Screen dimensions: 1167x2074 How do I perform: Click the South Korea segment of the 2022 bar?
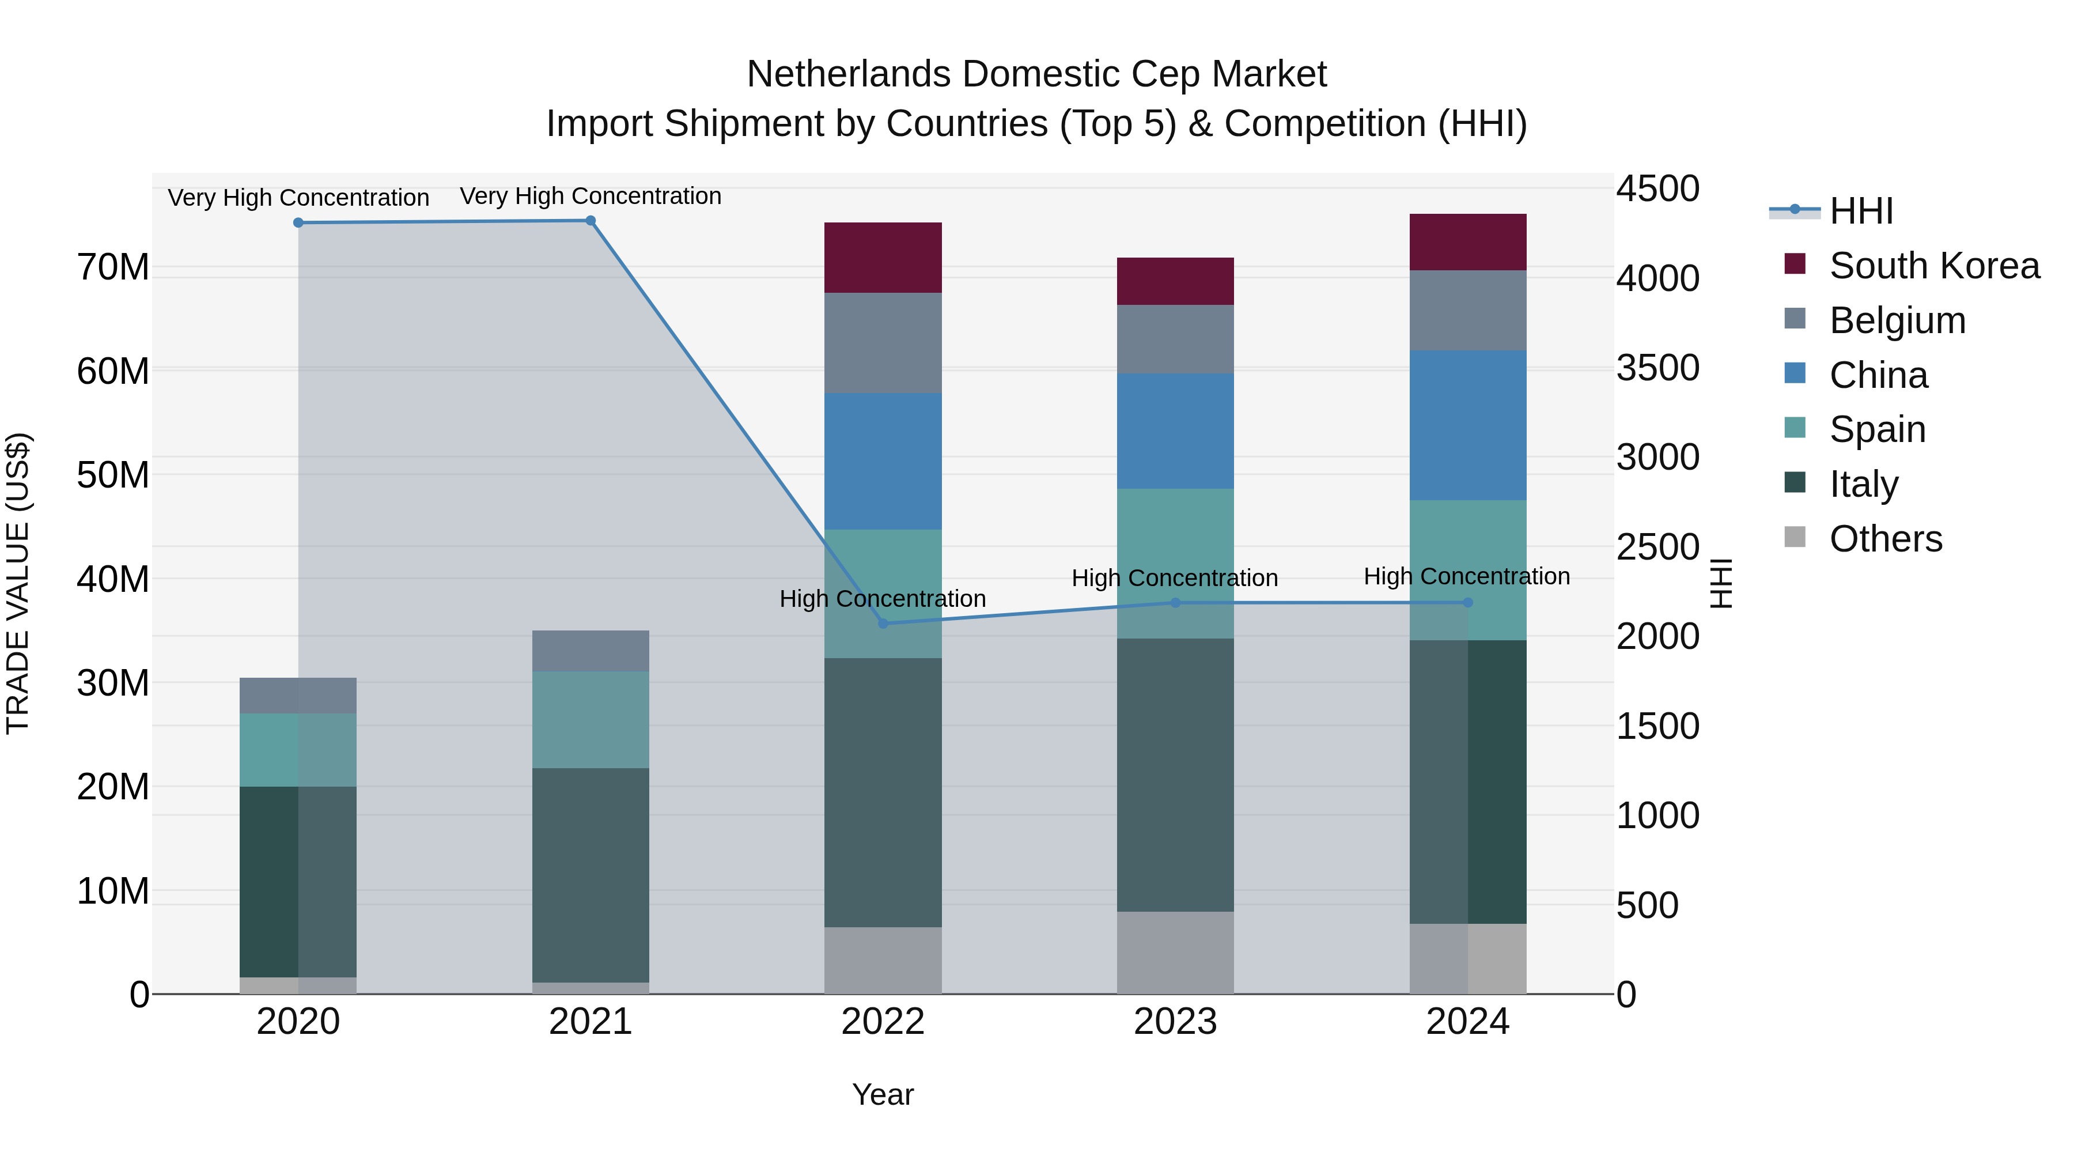pos(883,257)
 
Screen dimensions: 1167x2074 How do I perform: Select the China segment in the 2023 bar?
pos(1175,431)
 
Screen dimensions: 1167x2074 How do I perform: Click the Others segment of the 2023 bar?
pos(1175,952)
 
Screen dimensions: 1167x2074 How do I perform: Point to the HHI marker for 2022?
pos(883,624)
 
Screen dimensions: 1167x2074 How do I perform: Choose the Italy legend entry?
pos(1863,484)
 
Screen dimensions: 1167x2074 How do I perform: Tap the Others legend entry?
pos(1884,539)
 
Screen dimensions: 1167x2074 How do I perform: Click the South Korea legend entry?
pos(1932,266)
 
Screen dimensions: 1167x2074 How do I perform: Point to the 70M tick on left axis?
pos(113,267)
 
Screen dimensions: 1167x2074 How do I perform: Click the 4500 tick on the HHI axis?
pos(1657,189)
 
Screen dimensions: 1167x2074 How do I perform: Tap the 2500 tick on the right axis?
pos(1657,547)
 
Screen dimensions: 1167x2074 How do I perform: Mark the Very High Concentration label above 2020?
pos(298,197)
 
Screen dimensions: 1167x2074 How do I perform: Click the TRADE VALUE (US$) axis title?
pos(18,583)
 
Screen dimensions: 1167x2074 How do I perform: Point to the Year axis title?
pos(883,1094)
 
